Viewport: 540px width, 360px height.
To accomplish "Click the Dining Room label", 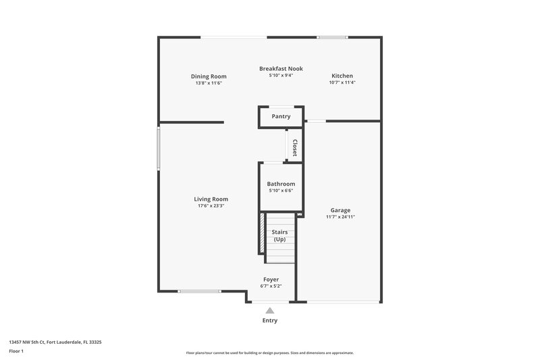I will pos(209,76).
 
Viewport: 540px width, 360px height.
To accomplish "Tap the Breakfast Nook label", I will pos(281,68).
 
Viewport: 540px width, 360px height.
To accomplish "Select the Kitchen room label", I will pos(342,76).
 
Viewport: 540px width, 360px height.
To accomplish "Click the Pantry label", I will pos(281,116).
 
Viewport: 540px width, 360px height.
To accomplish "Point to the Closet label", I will pos(294,147).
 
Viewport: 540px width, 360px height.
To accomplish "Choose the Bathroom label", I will pos(281,184).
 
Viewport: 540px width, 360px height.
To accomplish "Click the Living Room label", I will pos(211,199).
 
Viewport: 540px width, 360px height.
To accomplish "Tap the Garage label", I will pos(340,210).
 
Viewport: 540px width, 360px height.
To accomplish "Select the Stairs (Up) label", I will pos(279,236).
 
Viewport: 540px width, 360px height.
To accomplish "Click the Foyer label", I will pos(271,279).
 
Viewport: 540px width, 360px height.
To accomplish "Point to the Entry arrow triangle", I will pos(270,311).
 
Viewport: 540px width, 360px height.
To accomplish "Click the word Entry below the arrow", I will pos(270,321).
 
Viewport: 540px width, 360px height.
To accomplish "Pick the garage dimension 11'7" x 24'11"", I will pos(340,217).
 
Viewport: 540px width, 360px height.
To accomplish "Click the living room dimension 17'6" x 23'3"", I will pos(211,206).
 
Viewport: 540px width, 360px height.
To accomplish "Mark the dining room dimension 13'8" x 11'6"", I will pos(209,83).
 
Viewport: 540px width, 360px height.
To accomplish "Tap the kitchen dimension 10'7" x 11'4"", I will pos(342,82).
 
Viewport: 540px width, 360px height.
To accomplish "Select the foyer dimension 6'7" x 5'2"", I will pos(271,286).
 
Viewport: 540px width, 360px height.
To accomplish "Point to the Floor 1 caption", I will pos(17,351).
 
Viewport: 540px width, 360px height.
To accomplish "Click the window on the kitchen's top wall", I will pos(333,37).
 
